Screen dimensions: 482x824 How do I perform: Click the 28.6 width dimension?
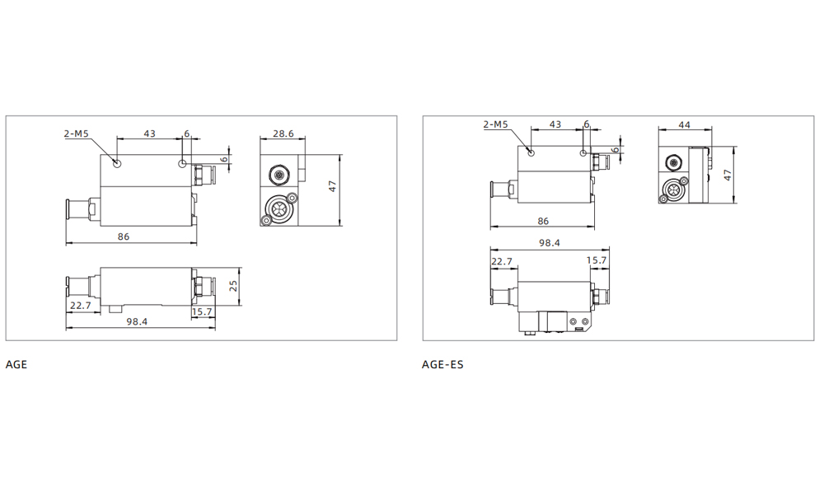click(283, 133)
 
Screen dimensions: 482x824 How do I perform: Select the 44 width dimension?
click(684, 124)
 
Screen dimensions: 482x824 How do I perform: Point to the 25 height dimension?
click(233, 286)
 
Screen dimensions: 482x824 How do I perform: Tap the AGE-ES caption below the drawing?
click(442, 364)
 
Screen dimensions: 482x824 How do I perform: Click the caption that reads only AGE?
click(16, 364)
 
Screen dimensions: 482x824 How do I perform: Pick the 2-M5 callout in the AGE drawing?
click(77, 133)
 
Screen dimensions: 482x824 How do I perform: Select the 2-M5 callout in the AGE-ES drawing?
click(495, 124)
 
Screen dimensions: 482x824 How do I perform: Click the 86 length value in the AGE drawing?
click(124, 236)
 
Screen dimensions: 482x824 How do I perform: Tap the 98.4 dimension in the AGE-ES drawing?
click(549, 243)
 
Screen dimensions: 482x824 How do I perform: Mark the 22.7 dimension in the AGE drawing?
click(81, 305)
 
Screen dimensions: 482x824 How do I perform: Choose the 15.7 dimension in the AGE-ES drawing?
click(596, 260)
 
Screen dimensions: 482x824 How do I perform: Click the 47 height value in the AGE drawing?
click(332, 187)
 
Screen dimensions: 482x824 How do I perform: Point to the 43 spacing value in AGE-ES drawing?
click(555, 124)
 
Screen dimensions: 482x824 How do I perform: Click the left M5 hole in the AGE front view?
click(118, 163)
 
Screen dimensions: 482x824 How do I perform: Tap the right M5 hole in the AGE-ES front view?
click(583, 153)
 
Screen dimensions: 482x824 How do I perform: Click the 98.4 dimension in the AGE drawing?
click(137, 321)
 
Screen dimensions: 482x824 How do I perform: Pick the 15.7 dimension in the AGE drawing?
click(201, 312)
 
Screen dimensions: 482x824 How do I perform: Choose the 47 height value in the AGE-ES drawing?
click(727, 175)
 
